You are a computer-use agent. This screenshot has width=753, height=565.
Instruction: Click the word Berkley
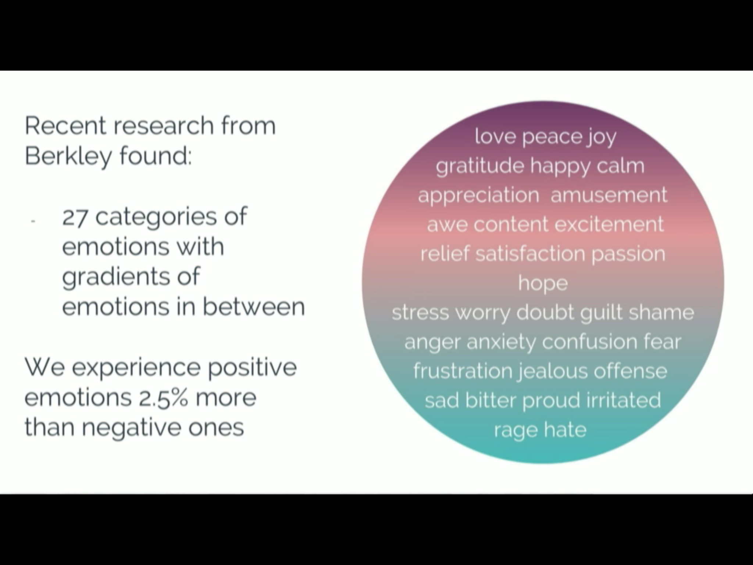[68, 156]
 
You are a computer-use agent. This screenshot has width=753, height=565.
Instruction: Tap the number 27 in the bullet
[75, 217]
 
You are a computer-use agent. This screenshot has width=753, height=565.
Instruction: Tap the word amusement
[609, 195]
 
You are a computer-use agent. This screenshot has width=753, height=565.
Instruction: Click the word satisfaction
[530, 254]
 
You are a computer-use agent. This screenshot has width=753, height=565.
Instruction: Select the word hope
[543, 284]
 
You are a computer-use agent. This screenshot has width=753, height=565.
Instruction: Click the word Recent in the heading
[65, 126]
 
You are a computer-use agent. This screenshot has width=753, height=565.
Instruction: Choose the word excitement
[609, 224]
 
